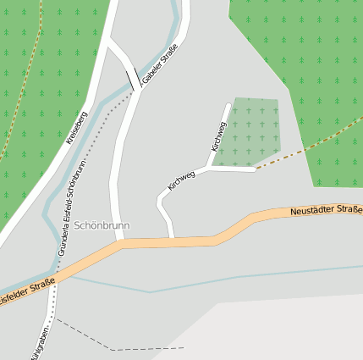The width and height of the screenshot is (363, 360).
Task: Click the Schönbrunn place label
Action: tap(101, 226)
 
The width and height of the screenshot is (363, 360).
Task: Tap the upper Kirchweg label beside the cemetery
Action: tap(219, 136)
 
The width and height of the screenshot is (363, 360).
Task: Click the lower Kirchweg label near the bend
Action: tap(181, 180)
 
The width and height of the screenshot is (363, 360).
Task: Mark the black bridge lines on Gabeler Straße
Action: tap(135, 79)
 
